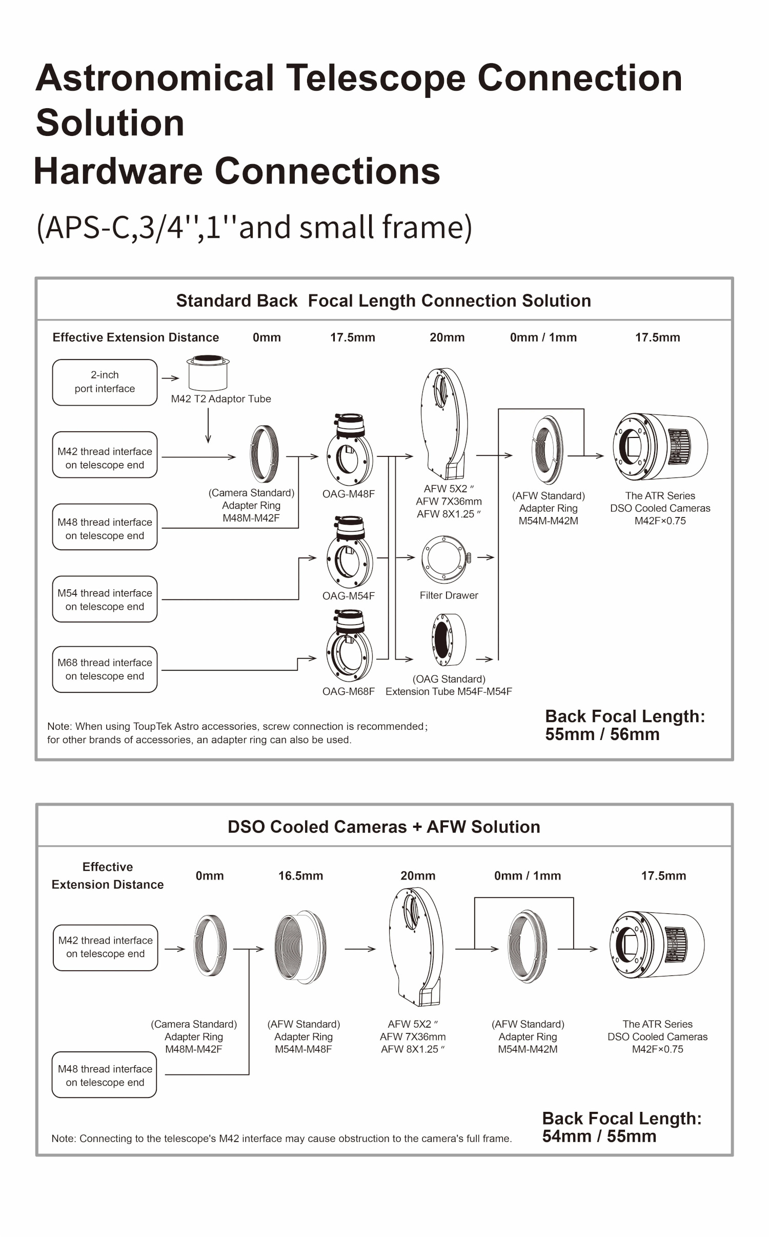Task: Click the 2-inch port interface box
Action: point(105,382)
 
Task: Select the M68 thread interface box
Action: point(105,669)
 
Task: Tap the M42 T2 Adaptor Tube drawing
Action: point(208,373)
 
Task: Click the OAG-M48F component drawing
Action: point(350,450)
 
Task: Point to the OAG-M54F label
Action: point(348,595)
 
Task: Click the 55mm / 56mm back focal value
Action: point(602,734)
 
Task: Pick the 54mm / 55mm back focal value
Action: point(599,1136)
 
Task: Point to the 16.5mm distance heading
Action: point(300,875)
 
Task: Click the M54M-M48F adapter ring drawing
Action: point(300,947)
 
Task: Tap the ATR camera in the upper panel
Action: point(660,446)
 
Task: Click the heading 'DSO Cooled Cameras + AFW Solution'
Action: point(383,827)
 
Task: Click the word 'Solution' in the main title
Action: point(110,123)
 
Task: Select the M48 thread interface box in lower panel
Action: point(105,1075)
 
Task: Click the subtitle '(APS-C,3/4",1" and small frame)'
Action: point(254,227)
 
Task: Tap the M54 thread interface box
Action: point(105,599)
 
